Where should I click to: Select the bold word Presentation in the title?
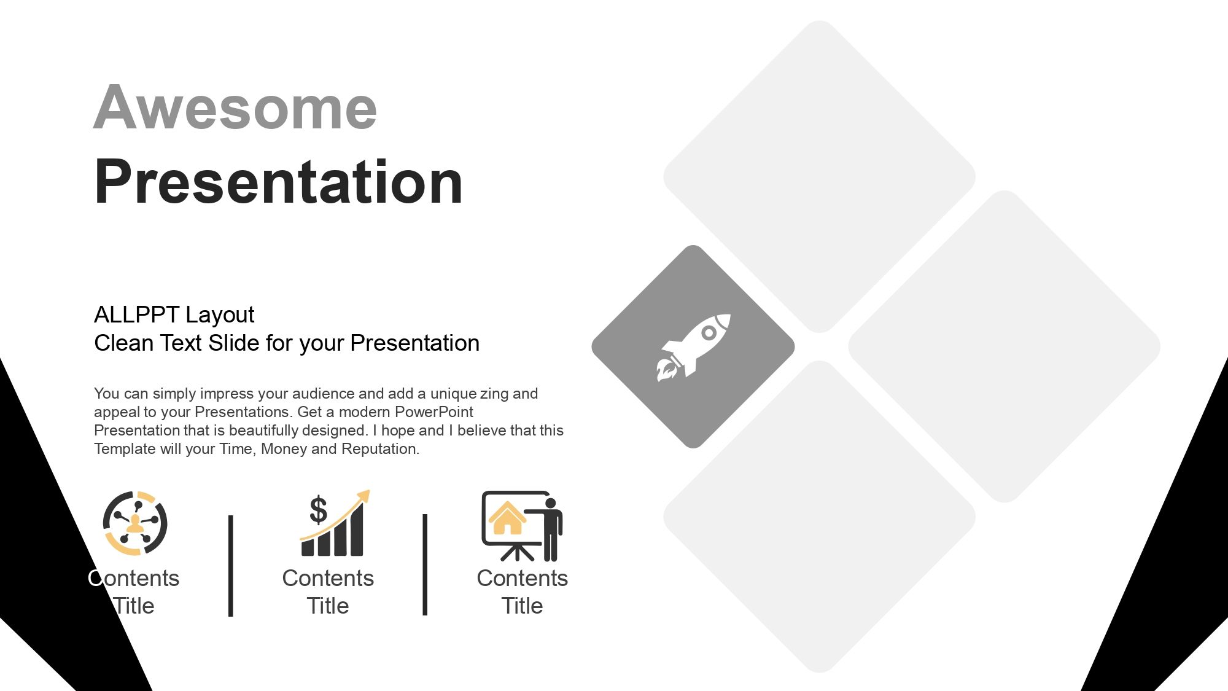click(x=279, y=182)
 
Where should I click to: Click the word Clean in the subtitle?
click(x=124, y=343)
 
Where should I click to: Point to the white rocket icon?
click(x=693, y=347)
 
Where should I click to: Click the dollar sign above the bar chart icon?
click(x=318, y=510)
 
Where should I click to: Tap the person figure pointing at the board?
click(x=548, y=529)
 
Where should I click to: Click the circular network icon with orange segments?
click(x=135, y=523)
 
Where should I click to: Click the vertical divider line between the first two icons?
click(x=231, y=566)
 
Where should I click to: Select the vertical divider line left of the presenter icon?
click(x=425, y=565)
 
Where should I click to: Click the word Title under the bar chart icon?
click(x=328, y=606)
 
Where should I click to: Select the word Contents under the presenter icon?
click(x=523, y=579)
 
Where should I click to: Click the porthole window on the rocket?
click(x=709, y=333)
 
